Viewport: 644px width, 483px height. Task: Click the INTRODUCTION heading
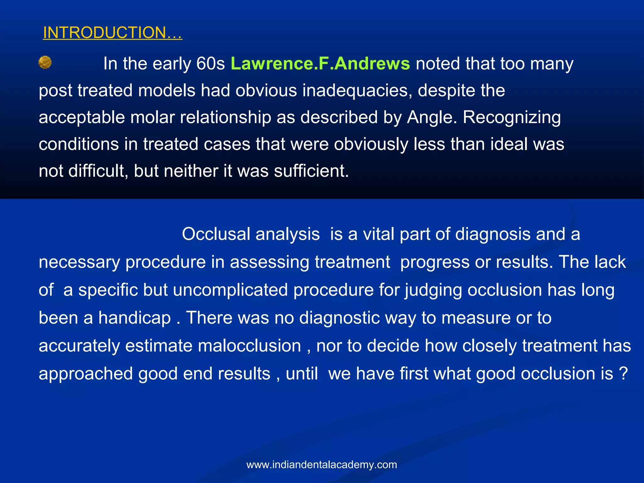coord(112,33)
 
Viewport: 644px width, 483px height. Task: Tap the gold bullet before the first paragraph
coord(45,62)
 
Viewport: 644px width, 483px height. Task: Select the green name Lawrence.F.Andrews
coord(320,64)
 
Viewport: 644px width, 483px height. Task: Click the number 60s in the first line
coord(210,64)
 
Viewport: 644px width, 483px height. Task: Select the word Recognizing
coord(512,118)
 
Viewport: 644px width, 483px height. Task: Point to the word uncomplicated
coord(230,290)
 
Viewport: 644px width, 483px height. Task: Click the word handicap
coord(135,318)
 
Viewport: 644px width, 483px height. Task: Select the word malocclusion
coord(249,346)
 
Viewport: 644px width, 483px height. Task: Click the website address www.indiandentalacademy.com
coord(322,464)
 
